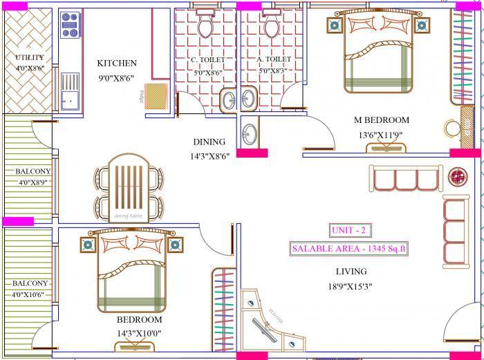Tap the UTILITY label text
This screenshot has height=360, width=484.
[x=28, y=57]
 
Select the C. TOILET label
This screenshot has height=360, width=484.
[x=207, y=60]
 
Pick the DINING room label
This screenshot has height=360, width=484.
[x=209, y=142]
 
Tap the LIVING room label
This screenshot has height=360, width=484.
[x=351, y=272]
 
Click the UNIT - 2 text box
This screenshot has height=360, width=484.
[x=349, y=230]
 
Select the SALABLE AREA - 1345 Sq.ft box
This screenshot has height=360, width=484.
[x=349, y=248]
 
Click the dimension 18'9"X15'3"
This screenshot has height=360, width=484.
[x=352, y=287]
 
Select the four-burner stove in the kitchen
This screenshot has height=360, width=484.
[x=70, y=26]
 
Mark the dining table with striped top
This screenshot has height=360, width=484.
[x=128, y=188]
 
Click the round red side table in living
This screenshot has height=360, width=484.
[x=457, y=176]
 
